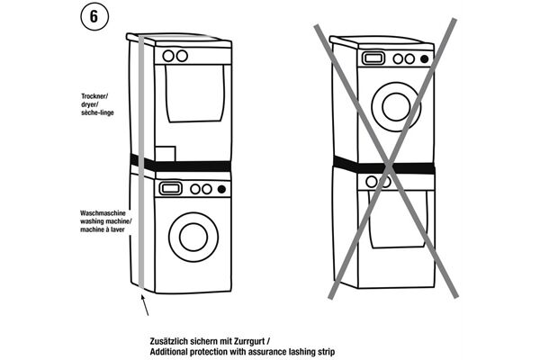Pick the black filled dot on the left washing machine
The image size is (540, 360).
220,189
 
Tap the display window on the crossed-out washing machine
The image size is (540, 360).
371,58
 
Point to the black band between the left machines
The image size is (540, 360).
180,162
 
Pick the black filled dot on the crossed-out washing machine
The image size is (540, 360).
425,58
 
